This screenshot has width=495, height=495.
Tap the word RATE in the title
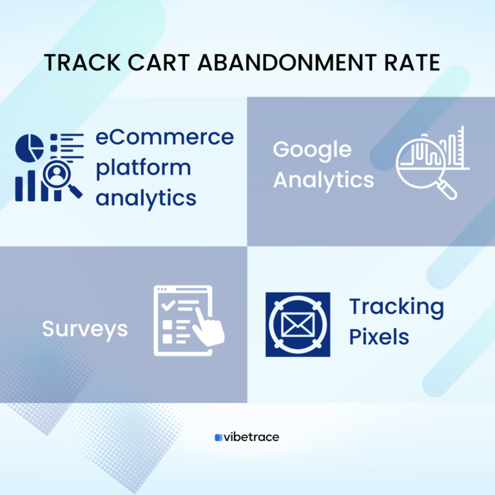tap(413, 63)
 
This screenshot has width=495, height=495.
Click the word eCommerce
tap(164, 137)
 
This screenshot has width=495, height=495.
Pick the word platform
tap(143, 168)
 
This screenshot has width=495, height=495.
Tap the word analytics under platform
tap(146, 197)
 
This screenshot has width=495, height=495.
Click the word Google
tap(312, 150)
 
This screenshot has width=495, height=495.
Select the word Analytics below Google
tap(323, 179)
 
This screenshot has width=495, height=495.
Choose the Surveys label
tap(84, 329)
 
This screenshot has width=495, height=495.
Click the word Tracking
tap(396, 307)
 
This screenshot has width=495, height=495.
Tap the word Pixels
tap(379, 336)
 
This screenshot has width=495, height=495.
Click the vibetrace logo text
tap(251, 437)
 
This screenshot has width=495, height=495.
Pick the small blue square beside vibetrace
tap(218, 437)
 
